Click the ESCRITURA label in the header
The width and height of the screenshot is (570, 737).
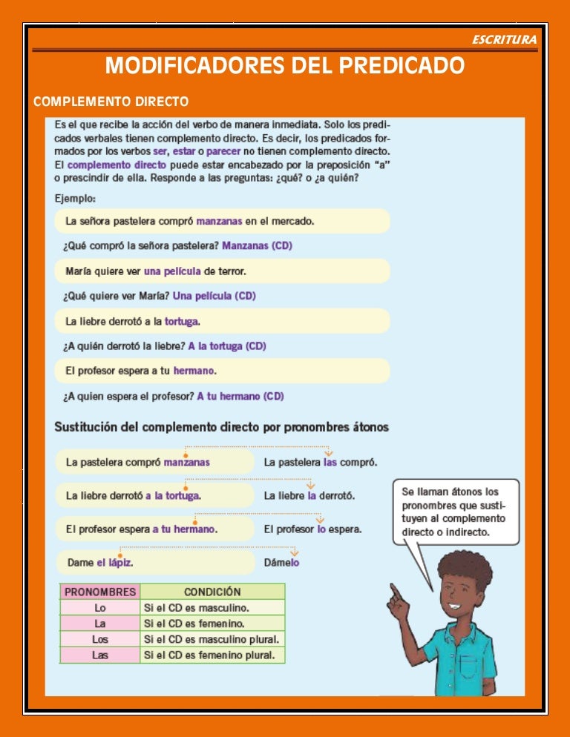[x=504, y=39]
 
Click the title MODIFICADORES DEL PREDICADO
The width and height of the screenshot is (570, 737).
[x=285, y=66]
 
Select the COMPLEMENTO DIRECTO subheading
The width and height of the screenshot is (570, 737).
[x=111, y=101]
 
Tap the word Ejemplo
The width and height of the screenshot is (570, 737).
[x=74, y=198]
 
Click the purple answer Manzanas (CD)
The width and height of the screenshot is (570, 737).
[x=257, y=245]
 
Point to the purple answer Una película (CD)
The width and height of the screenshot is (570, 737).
[x=214, y=296]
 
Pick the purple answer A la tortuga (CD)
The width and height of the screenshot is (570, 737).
[x=226, y=346]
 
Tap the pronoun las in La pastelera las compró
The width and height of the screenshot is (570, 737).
[x=331, y=462]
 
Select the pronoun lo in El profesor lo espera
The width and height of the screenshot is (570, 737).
[x=321, y=529]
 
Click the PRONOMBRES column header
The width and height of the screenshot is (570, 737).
[x=100, y=592]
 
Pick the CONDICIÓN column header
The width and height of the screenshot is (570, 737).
[x=212, y=592]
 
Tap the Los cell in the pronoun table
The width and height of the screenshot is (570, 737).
[x=100, y=639]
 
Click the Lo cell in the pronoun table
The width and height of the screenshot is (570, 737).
[x=100, y=608]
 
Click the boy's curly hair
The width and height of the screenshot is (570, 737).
[x=465, y=566]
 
